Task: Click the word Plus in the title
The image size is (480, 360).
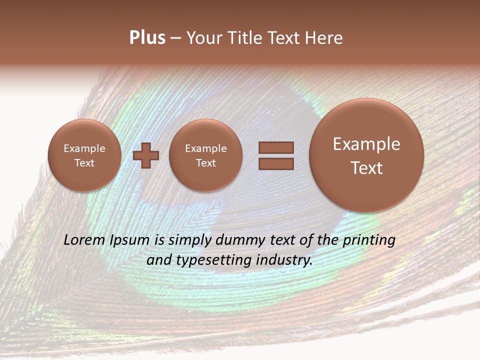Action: coord(147,38)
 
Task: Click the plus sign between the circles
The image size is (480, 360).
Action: coord(146,155)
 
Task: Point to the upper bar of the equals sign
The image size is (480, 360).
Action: coord(276,147)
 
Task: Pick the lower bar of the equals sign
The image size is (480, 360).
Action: coord(276,164)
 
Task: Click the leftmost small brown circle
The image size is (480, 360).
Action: coord(84,155)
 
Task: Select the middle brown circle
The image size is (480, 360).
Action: coord(206,155)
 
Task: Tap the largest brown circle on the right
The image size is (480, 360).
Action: coord(366,155)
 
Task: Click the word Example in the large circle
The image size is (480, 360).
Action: coord(366,144)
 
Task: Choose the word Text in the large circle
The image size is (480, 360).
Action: coord(366,168)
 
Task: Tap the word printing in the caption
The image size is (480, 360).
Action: coord(368,240)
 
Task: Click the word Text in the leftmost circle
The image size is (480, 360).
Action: coord(84,163)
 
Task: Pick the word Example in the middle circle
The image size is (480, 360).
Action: coord(206,148)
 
